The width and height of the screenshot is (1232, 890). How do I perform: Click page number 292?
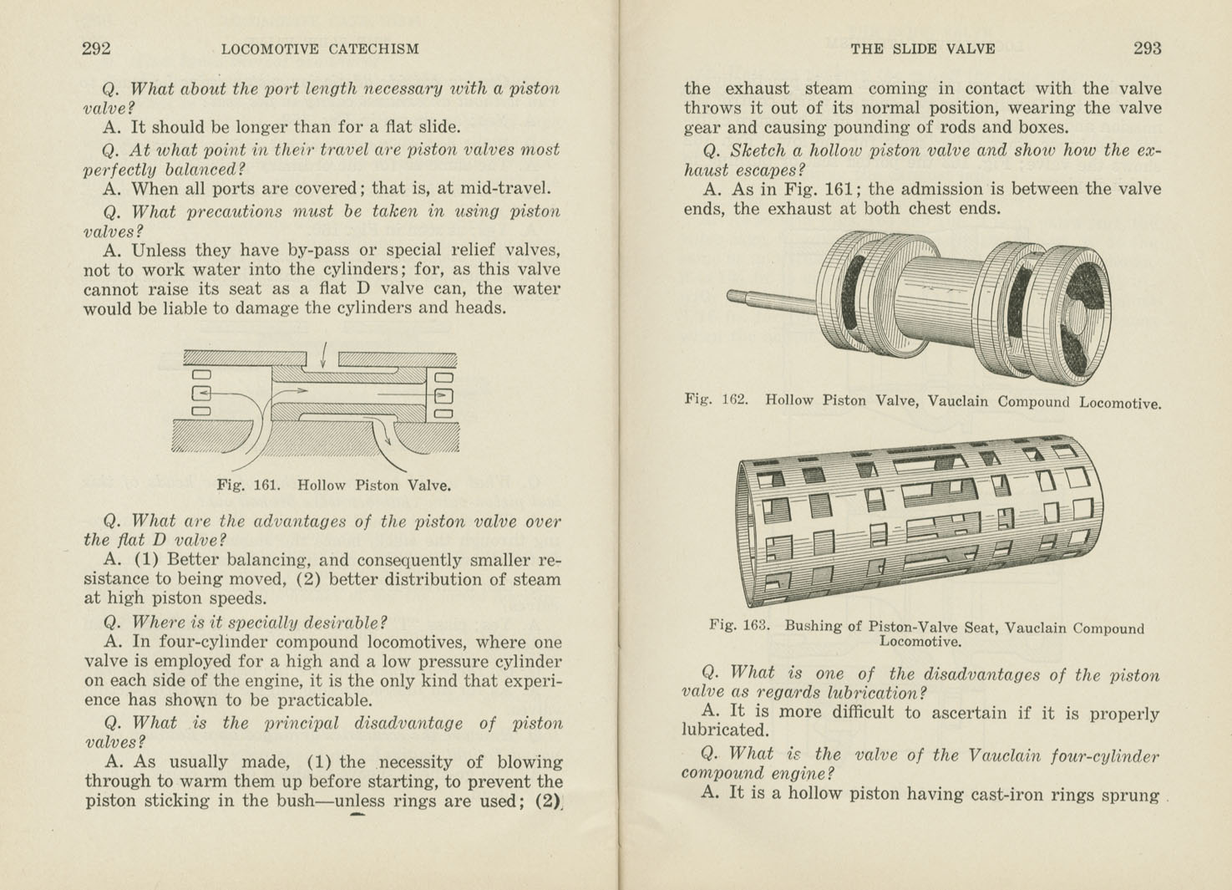coord(96,48)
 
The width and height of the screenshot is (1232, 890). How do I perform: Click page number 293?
coord(1147,48)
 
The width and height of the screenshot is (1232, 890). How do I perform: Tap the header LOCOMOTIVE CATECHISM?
coord(320,49)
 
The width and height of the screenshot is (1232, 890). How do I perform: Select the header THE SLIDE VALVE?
coord(922,49)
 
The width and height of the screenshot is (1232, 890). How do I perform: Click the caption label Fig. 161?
coord(247,485)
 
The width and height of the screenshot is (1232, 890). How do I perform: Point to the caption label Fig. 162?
coord(716,399)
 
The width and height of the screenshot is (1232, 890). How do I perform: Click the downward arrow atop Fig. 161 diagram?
coord(323,354)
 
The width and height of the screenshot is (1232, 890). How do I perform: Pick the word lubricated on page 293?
coord(724,731)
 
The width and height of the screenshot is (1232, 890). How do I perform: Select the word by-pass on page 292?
coord(322,251)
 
